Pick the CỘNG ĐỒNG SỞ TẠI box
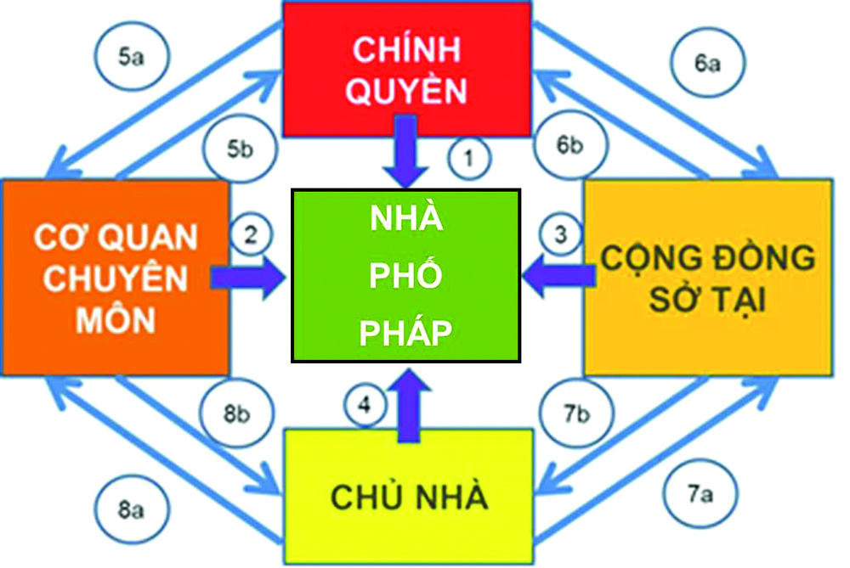707,278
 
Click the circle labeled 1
465,157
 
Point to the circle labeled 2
251,235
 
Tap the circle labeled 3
560,235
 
